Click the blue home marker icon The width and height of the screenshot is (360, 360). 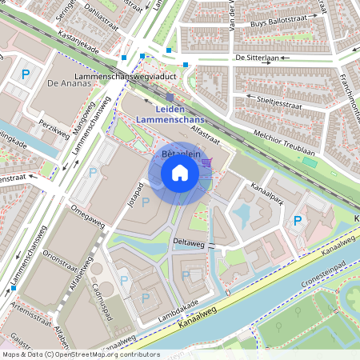pyautogui.click(x=180, y=173)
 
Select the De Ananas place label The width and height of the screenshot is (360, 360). pyautogui.click(x=65, y=82)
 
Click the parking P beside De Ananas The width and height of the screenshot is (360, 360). pyautogui.click(x=26, y=74)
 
